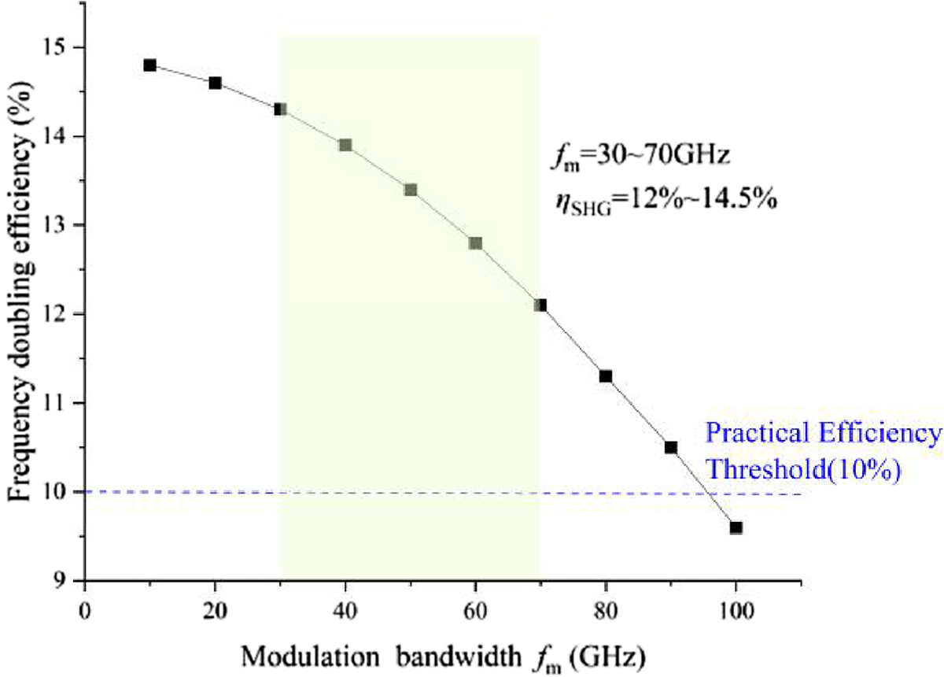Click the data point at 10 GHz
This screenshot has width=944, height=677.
(149, 65)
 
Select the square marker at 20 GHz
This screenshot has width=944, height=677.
(215, 83)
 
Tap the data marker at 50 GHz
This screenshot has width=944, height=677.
(411, 190)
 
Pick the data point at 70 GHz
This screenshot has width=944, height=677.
(540, 305)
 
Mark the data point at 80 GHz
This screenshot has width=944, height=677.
(606, 376)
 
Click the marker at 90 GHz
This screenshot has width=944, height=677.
(671, 447)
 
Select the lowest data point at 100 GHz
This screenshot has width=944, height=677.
(736, 527)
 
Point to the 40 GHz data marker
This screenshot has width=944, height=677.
(345, 145)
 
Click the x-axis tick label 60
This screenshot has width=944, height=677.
(475, 609)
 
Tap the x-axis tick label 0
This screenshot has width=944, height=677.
(84, 609)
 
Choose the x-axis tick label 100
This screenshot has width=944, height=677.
(736, 609)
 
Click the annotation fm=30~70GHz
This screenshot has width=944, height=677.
(641, 156)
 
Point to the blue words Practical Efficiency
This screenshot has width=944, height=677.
(822, 434)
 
